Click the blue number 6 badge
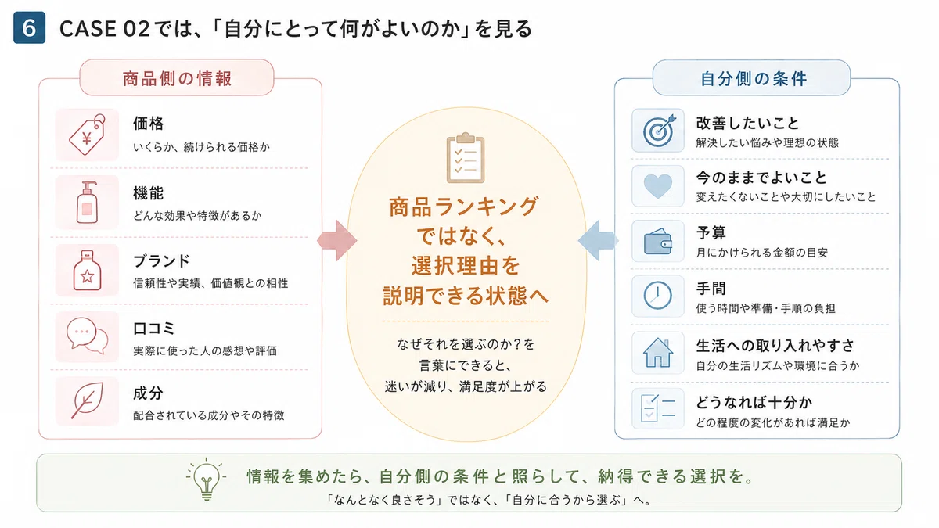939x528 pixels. click(30, 27)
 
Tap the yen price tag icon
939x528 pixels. click(87, 135)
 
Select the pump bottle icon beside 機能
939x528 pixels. click(87, 202)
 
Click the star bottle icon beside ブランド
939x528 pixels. click(87, 271)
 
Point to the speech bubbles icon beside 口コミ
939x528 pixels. click(87, 336)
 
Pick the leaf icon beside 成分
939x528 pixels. click(87, 400)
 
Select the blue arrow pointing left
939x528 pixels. click(598, 241)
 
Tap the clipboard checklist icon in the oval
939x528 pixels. click(466, 157)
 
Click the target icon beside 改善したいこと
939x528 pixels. click(659, 131)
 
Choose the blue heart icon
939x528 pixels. click(658, 186)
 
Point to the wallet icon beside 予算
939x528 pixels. click(658, 242)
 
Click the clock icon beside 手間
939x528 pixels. click(658, 296)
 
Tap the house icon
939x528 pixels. click(658, 353)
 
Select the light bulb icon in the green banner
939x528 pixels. click(207, 480)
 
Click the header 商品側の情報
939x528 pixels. click(177, 78)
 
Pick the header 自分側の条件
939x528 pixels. click(754, 78)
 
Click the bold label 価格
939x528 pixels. click(149, 124)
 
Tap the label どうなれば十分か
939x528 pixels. click(754, 402)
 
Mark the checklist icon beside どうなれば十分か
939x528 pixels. click(658, 408)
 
